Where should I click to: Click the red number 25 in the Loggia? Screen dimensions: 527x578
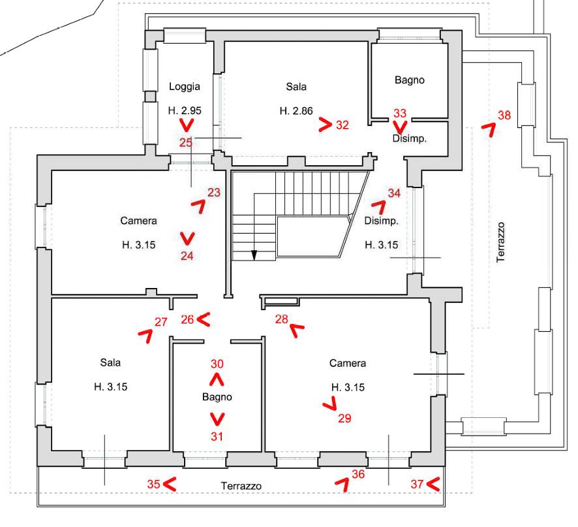(186, 142)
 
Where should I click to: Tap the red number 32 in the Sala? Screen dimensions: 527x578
(342, 125)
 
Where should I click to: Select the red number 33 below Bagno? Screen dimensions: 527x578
(400, 113)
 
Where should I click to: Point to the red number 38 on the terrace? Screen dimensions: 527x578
(504, 116)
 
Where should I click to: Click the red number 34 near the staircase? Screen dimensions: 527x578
(394, 193)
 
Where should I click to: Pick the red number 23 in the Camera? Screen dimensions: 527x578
(214, 192)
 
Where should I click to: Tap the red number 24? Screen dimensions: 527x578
(187, 256)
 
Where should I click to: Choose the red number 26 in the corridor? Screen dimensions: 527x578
(187, 319)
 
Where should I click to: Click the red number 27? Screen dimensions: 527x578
(161, 321)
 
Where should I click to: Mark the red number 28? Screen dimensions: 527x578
(281, 319)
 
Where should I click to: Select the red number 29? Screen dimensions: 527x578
(344, 419)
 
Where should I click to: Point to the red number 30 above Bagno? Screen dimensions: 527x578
(217, 364)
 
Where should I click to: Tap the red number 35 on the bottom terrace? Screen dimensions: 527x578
(153, 484)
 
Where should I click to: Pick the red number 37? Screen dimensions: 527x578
(418, 484)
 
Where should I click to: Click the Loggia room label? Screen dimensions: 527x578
(184, 86)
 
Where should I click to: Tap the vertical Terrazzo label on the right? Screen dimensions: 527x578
(501, 242)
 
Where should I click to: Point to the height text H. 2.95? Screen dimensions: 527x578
(184, 110)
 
